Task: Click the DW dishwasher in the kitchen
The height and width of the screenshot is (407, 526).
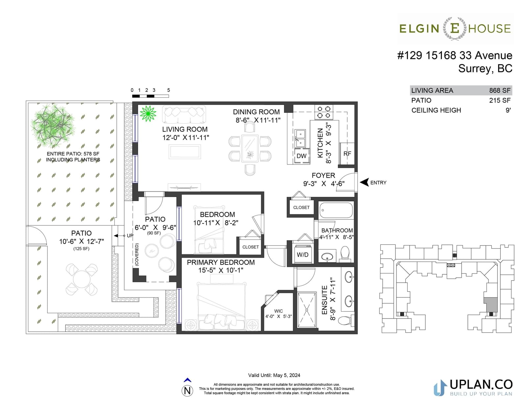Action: tap(301, 156)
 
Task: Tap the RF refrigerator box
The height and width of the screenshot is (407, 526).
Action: tap(347, 154)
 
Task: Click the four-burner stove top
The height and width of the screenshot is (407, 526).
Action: tap(324, 112)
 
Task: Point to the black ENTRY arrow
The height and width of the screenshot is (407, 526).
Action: tap(364, 182)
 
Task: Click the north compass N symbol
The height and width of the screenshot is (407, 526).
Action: tap(187, 391)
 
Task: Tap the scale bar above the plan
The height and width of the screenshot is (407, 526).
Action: tap(150, 96)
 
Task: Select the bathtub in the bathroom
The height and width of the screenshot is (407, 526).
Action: tap(336, 210)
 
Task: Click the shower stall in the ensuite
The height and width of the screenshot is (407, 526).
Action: tap(307, 310)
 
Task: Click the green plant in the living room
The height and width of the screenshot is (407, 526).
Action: tap(148, 114)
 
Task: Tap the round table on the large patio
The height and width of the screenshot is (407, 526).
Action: tap(82, 279)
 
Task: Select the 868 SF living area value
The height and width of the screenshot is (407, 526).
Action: tap(500, 90)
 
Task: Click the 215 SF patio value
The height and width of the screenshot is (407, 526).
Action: tap(500, 100)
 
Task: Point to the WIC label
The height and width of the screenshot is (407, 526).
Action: tap(278, 311)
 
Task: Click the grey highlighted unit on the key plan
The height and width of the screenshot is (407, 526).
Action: tap(490, 305)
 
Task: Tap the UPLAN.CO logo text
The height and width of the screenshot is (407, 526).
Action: tap(481, 384)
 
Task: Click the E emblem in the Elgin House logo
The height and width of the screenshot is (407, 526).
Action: tap(455, 28)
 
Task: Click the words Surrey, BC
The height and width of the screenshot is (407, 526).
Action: tap(485, 68)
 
